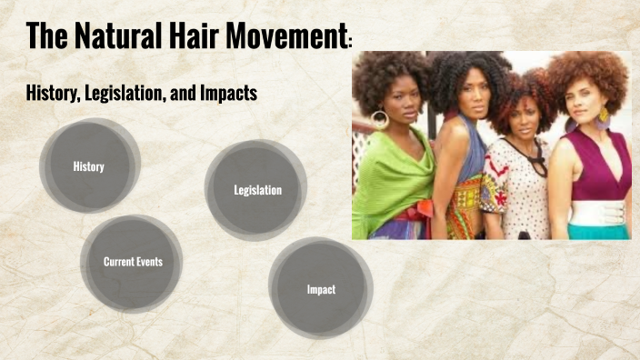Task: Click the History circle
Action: click(x=89, y=166)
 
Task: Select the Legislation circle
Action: click(x=257, y=190)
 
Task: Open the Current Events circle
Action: click(x=133, y=262)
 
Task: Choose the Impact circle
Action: click(x=321, y=289)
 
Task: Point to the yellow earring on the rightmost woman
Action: click(x=603, y=115)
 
